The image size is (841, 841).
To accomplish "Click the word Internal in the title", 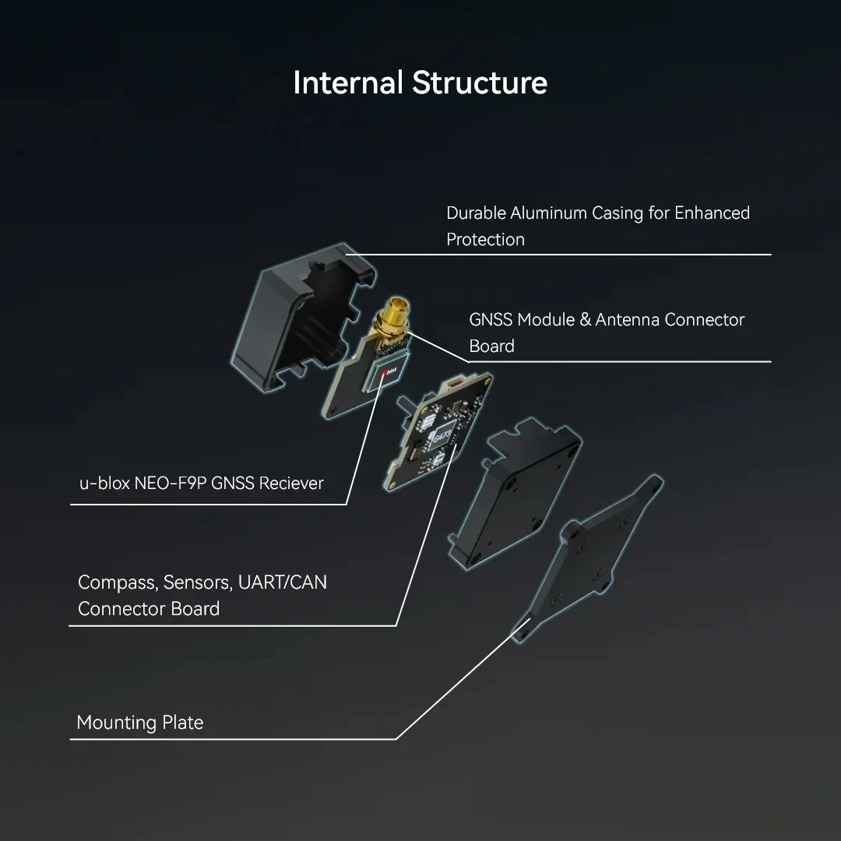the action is click(x=347, y=83).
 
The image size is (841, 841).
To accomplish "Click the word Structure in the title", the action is click(x=480, y=83).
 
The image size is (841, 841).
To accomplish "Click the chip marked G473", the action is click(x=443, y=435).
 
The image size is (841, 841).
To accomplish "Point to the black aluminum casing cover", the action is click(x=303, y=316).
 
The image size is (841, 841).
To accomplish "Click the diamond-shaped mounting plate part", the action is click(x=587, y=558).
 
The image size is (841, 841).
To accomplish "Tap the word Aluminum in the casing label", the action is click(x=548, y=213).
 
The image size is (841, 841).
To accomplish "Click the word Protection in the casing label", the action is click(x=485, y=239).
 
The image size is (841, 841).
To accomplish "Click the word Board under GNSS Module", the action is click(x=491, y=346).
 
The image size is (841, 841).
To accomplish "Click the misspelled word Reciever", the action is click(x=291, y=484).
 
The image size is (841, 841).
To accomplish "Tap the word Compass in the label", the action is click(x=118, y=582).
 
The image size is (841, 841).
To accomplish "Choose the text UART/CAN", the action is click(x=282, y=582).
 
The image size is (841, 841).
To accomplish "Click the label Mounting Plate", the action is click(x=140, y=723).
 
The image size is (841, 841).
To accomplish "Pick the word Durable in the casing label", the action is click(x=476, y=213).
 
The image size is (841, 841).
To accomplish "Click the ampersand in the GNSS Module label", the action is click(x=585, y=320).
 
